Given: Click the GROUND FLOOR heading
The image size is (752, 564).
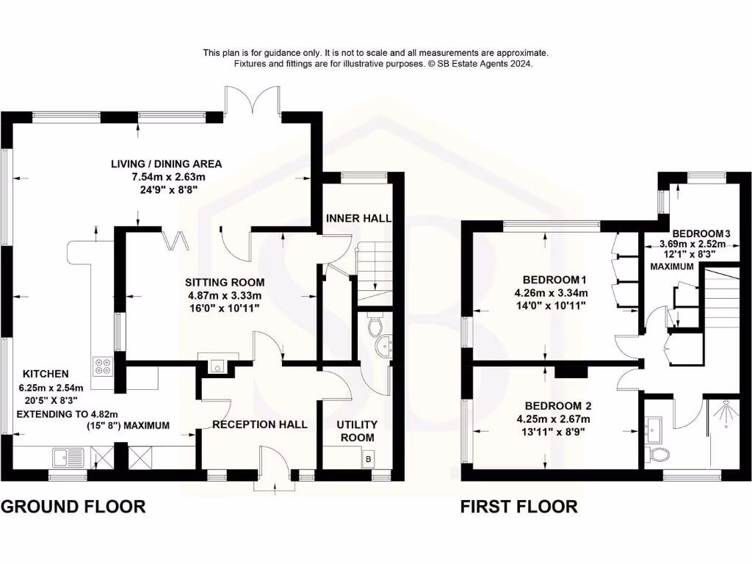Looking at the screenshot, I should click(73, 506).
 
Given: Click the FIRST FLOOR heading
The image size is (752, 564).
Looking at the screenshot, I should click(518, 506).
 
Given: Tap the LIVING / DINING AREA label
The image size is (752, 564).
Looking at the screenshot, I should click(167, 164).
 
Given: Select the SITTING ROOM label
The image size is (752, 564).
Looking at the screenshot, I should click(225, 282).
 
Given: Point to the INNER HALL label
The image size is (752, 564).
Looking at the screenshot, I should click(358, 218).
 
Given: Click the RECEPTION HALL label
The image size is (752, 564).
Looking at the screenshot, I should click(260, 424).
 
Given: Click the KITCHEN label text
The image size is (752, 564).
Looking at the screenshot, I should click(46, 374).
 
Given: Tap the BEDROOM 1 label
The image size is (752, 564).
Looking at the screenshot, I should click(556, 280).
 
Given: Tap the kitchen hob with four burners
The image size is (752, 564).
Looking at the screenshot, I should click(102, 365).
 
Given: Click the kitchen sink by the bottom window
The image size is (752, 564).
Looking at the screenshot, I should click(66, 460).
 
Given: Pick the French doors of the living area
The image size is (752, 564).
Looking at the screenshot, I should click(252, 99).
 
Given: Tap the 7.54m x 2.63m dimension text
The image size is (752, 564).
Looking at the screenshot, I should click(167, 177).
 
